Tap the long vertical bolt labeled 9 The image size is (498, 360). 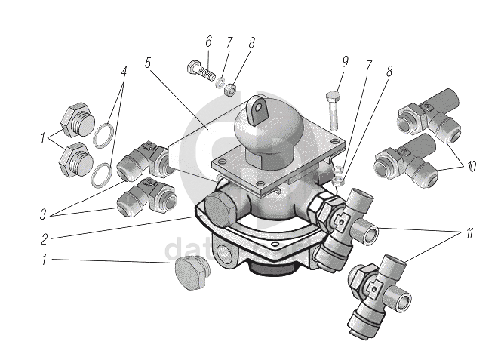tap(334, 109)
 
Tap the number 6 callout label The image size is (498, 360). tap(208, 42)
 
